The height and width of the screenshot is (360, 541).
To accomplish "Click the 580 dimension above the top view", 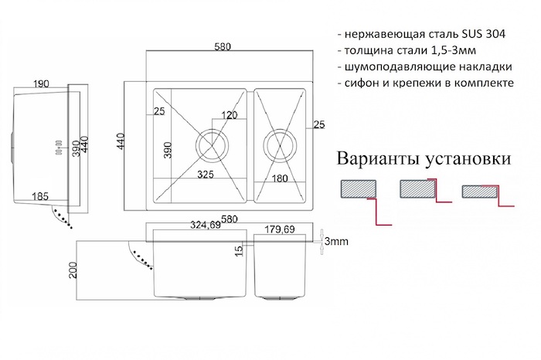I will click(x=223, y=47).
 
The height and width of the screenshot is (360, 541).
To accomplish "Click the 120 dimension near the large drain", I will click(x=230, y=115).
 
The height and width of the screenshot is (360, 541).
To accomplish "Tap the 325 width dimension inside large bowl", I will click(x=206, y=175).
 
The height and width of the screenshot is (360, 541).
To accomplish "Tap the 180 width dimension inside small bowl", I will click(x=280, y=178).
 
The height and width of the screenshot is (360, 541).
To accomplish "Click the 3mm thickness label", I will click(x=337, y=241).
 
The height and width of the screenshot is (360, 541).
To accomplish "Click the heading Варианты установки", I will click(x=424, y=160).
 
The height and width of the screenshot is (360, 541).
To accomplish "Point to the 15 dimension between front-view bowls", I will click(x=240, y=249).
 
